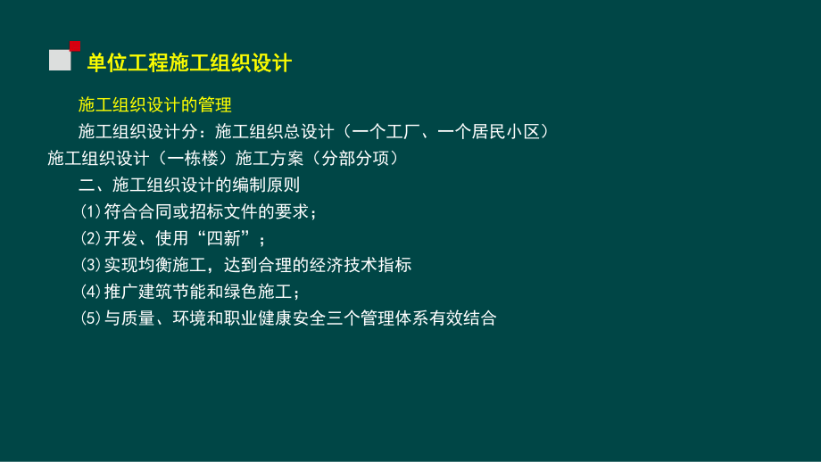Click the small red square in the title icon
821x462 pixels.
75,45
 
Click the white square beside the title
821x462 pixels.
60,61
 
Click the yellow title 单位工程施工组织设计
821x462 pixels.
188,62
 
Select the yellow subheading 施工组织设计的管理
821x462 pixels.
154,105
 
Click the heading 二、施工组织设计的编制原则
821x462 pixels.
189,186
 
